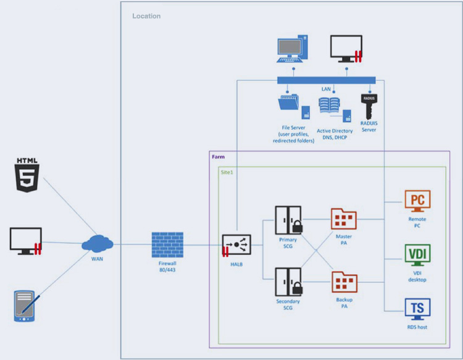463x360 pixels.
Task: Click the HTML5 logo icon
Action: [27, 175]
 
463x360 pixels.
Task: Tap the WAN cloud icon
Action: [98, 243]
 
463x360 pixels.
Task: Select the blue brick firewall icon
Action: [167, 245]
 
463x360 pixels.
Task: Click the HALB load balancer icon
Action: [236, 245]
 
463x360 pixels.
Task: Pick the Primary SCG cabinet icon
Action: [288, 220]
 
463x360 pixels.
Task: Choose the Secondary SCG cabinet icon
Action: [288, 282]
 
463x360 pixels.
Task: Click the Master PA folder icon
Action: [344, 219]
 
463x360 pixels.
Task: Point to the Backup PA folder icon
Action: [344, 282]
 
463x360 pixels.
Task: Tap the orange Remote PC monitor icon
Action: [417, 201]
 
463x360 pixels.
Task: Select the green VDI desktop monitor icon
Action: [417, 255]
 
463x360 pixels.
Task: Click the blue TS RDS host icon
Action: [417, 309]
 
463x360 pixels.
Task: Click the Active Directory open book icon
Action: [329, 106]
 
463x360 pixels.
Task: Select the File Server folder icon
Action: [288, 102]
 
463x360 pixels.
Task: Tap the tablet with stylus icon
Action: [26, 306]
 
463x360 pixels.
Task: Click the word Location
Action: [146, 16]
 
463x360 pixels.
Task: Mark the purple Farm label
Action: [218, 157]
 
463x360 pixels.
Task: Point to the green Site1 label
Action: [227, 172]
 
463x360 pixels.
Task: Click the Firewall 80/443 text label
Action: [167, 267]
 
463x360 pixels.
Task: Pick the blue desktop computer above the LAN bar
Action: [293, 49]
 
